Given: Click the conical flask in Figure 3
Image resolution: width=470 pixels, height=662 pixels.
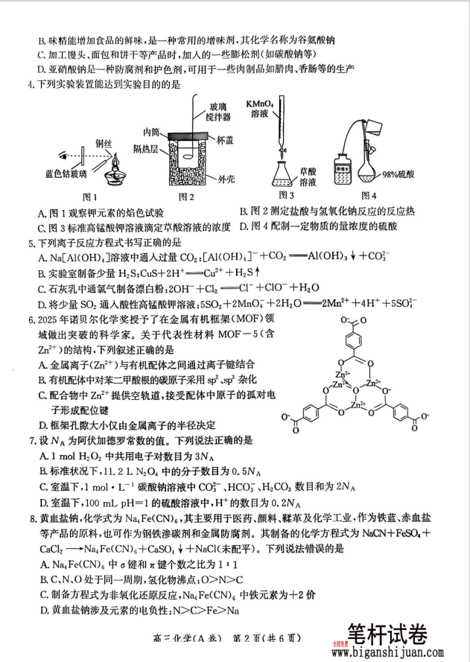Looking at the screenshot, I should pos(283,174).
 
